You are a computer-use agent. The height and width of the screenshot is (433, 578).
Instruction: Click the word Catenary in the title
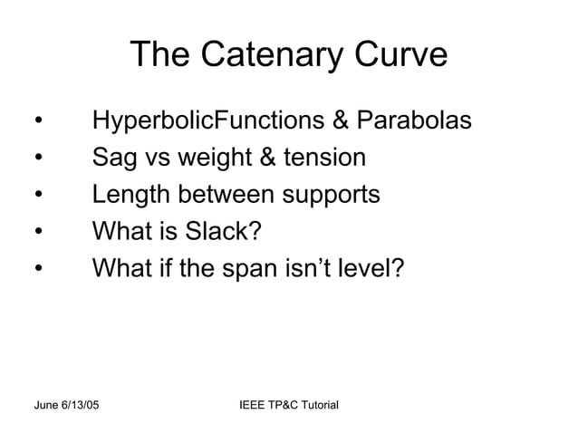(x=265, y=56)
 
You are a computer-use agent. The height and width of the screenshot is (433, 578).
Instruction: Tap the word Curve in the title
(x=396, y=56)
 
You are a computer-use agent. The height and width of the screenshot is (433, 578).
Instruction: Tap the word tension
(x=324, y=159)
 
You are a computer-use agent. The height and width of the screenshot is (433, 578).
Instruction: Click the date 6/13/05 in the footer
(x=83, y=401)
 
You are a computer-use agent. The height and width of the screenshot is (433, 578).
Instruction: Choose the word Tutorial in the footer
(x=317, y=401)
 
